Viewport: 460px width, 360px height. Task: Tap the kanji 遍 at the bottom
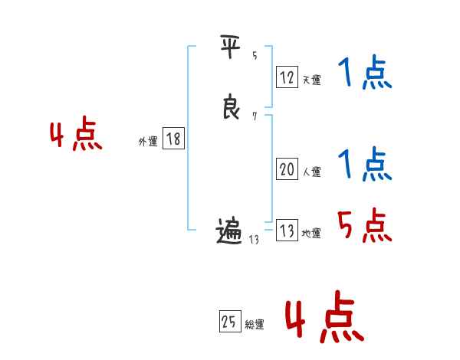(230, 231)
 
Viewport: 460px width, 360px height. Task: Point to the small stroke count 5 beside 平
(254, 55)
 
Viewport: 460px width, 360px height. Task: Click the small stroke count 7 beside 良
(254, 116)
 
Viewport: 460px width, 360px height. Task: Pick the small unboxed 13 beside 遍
(255, 239)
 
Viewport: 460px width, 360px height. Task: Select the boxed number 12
(287, 77)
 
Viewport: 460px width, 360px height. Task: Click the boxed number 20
(287, 169)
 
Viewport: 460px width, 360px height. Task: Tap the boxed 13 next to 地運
(287, 231)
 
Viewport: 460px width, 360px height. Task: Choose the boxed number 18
(173, 139)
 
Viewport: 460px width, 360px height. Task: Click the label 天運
(311, 80)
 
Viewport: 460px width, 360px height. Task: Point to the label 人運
(311, 172)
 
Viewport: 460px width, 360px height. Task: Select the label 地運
(311, 234)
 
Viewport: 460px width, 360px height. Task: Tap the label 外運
(148, 142)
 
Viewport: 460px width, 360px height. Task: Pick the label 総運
(255, 325)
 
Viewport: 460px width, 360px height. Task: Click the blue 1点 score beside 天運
(364, 74)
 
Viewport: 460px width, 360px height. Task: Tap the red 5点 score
(364, 224)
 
